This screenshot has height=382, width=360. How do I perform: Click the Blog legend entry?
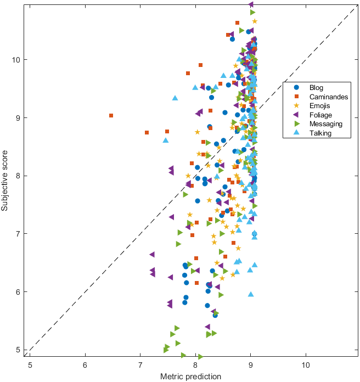click(x=316, y=87)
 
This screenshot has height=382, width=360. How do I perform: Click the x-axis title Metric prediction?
click(x=190, y=377)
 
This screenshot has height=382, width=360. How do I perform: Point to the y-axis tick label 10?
click(x=17, y=59)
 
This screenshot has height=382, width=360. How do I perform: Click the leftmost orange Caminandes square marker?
click(x=111, y=116)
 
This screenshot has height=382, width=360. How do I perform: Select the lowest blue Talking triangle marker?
click(x=251, y=294)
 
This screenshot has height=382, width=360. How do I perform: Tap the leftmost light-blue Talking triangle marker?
click(x=165, y=140)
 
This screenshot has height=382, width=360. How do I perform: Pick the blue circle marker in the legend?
click(x=296, y=87)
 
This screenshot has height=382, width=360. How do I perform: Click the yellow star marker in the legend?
click(x=296, y=106)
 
